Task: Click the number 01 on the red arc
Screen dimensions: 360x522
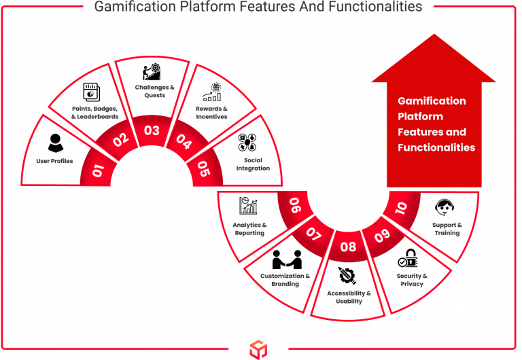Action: pos(98,170)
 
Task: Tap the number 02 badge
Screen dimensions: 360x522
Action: pos(120,141)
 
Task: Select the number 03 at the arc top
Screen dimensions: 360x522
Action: pos(152,130)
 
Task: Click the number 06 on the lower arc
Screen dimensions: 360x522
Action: pos(295,205)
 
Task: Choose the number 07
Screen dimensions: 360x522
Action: pos(313,234)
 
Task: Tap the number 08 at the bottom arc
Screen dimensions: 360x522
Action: pos(347,247)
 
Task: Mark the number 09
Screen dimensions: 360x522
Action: pos(382,235)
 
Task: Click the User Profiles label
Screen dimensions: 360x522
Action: pos(54,162)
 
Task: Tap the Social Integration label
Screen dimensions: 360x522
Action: pos(254,164)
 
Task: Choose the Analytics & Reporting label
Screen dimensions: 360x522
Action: pos(249,228)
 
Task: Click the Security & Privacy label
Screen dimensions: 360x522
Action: pos(412,280)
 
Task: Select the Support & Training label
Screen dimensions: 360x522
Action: pos(447,228)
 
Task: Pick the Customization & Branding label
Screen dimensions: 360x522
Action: pos(285,280)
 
